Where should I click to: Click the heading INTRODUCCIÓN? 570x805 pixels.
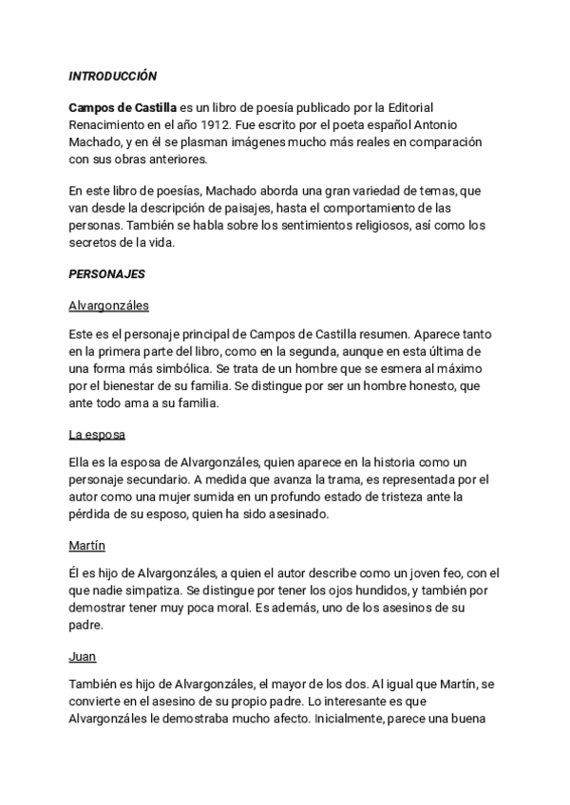(x=113, y=75)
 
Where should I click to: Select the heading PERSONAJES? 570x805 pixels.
(x=106, y=273)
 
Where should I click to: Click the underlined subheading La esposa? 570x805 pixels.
(x=97, y=435)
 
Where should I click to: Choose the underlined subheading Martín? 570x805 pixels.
(x=86, y=547)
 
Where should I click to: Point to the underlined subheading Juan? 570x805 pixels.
(x=83, y=657)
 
